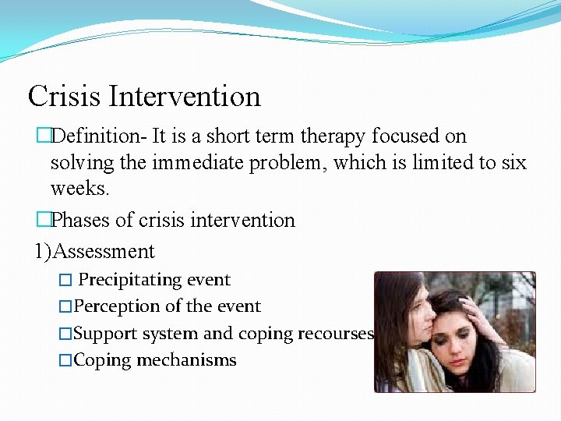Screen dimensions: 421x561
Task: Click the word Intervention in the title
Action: [x=185, y=97]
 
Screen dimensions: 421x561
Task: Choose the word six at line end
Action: [x=511, y=163]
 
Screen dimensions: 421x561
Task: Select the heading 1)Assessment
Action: [x=94, y=252]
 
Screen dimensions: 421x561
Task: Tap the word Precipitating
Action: [x=131, y=280]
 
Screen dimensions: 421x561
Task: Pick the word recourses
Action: [x=340, y=334]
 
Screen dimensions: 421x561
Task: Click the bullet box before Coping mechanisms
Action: [x=65, y=361]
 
